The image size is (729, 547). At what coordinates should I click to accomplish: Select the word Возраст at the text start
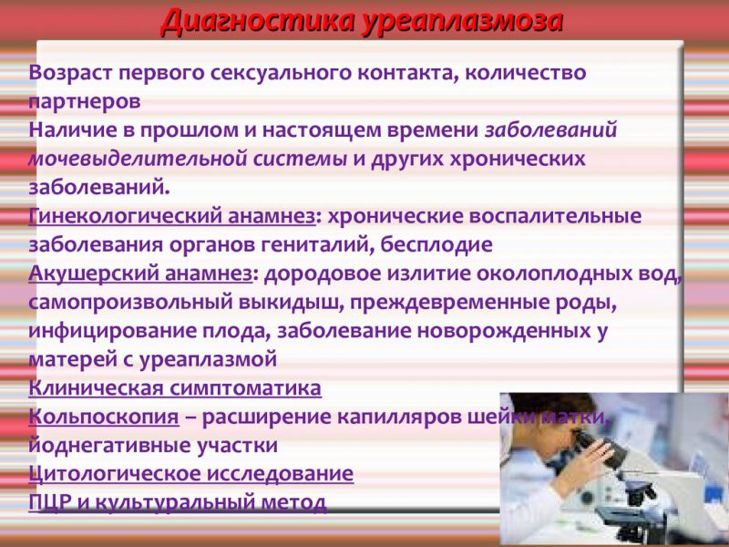tap(74, 72)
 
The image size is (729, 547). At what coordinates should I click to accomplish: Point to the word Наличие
tap(74, 129)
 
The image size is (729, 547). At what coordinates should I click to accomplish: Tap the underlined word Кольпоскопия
tap(104, 417)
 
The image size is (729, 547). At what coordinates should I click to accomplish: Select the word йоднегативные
tap(106, 446)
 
